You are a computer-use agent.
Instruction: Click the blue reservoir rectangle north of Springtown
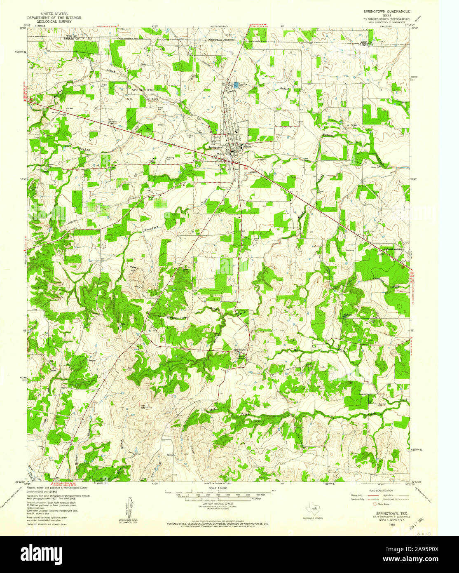click(x=236, y=85)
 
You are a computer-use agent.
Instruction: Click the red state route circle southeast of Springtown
click(x=246, y=168)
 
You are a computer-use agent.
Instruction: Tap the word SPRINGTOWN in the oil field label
click(x=143, y=89)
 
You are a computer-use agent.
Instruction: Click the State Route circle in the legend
click(x=375, y=504)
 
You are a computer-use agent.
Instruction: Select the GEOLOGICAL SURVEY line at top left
click(x=54, y=21)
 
